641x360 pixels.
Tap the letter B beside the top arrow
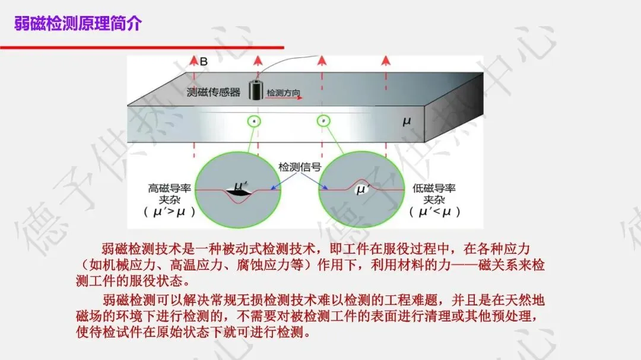pos(204,61)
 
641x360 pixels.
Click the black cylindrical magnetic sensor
pos(255,89)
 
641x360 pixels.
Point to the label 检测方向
pos(283,93)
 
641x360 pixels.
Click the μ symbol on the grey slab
pos(407,122)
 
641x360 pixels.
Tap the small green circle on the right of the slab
pos(324,121)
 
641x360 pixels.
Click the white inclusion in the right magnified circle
pos(363,189)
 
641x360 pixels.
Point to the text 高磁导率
pos(169,189)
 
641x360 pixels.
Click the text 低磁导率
pos(434,189)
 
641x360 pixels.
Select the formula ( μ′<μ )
pos(434,212)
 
